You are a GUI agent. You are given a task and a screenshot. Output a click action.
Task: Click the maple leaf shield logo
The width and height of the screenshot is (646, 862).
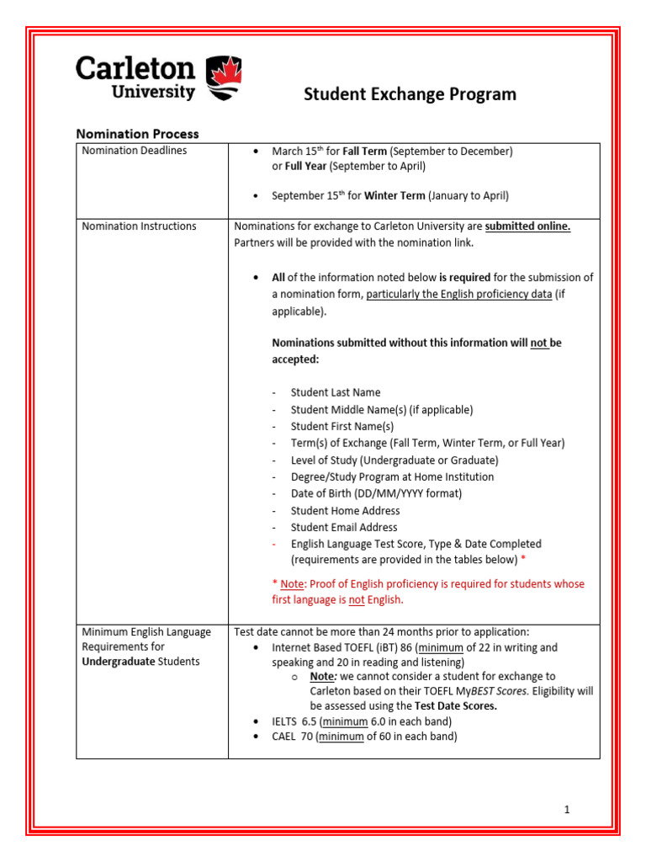[x=223, y=77]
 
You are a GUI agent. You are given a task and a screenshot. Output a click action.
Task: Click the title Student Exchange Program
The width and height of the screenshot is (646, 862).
[x=410, y=94]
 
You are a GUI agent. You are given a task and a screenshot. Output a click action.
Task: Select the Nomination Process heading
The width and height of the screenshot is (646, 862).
[x=138, y=134]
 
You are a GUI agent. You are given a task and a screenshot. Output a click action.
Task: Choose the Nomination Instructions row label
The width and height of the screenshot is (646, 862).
[x=139, y=226]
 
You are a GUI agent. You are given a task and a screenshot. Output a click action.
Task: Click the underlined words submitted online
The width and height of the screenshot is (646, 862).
[x=527, y=226]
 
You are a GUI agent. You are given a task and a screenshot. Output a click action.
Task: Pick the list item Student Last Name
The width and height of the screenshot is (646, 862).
[x=335, y=392]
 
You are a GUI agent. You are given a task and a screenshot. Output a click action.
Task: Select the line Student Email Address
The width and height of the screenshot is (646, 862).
[x=344, y=527]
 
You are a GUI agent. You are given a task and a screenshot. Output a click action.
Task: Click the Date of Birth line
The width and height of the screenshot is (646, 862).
[x=376, y=493]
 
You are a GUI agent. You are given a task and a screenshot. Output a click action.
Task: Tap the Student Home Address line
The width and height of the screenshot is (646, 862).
[x=345, y=510]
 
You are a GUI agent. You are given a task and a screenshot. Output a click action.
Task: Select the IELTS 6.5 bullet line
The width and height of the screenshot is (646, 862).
[x=362, y=722]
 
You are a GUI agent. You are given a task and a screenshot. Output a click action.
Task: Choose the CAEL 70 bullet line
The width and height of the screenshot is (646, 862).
[x=364, y=737]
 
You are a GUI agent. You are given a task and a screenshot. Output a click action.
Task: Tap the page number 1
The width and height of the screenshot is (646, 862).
[x=567, y=810]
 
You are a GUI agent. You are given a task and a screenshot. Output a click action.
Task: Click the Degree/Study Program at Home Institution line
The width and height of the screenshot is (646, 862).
[x=392, y=476]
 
